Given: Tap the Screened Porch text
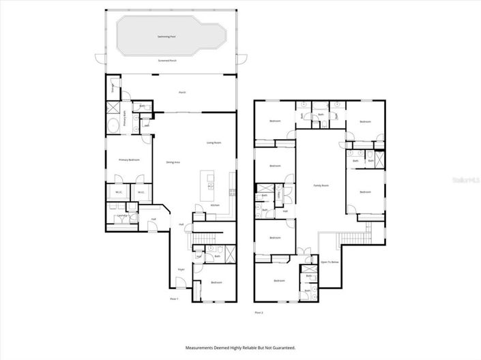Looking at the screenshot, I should point(168,61).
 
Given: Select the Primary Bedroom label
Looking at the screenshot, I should point(129,160).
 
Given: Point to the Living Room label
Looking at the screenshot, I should point(215,142).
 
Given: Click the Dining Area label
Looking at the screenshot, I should point(173,162).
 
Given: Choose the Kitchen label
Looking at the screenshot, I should point(215,205).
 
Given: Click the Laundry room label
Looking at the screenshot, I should point(123,215).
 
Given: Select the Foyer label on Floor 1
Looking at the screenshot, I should point(181,270).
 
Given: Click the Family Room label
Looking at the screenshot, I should point(321,185).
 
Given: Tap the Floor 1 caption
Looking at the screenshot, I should point(175,299).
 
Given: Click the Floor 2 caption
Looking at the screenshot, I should point(259,312).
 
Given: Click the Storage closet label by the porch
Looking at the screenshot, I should point(113,87).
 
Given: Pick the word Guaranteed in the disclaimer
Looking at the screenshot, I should point(280,348).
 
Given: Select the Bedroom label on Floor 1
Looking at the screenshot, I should point(216,282).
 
